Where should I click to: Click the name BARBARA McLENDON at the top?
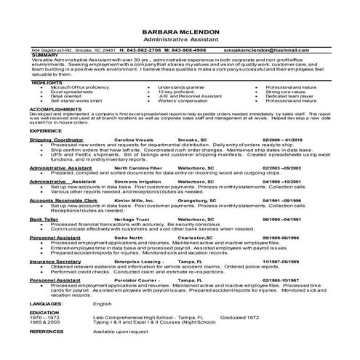click(x=180, y=33)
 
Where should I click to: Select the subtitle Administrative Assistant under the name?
click(x=180, y=41)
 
